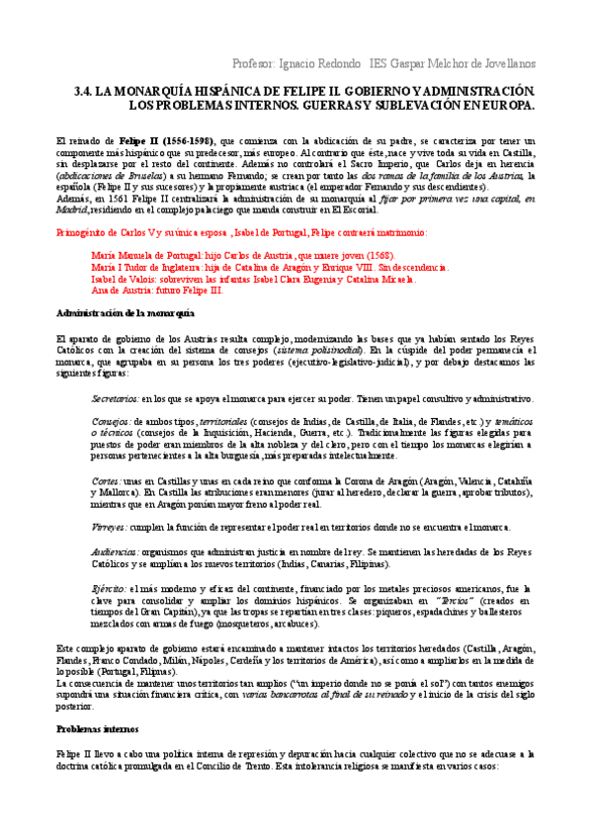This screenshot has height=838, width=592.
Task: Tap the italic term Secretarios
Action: click(114, 398)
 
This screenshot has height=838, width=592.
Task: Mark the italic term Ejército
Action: click(109, 589)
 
